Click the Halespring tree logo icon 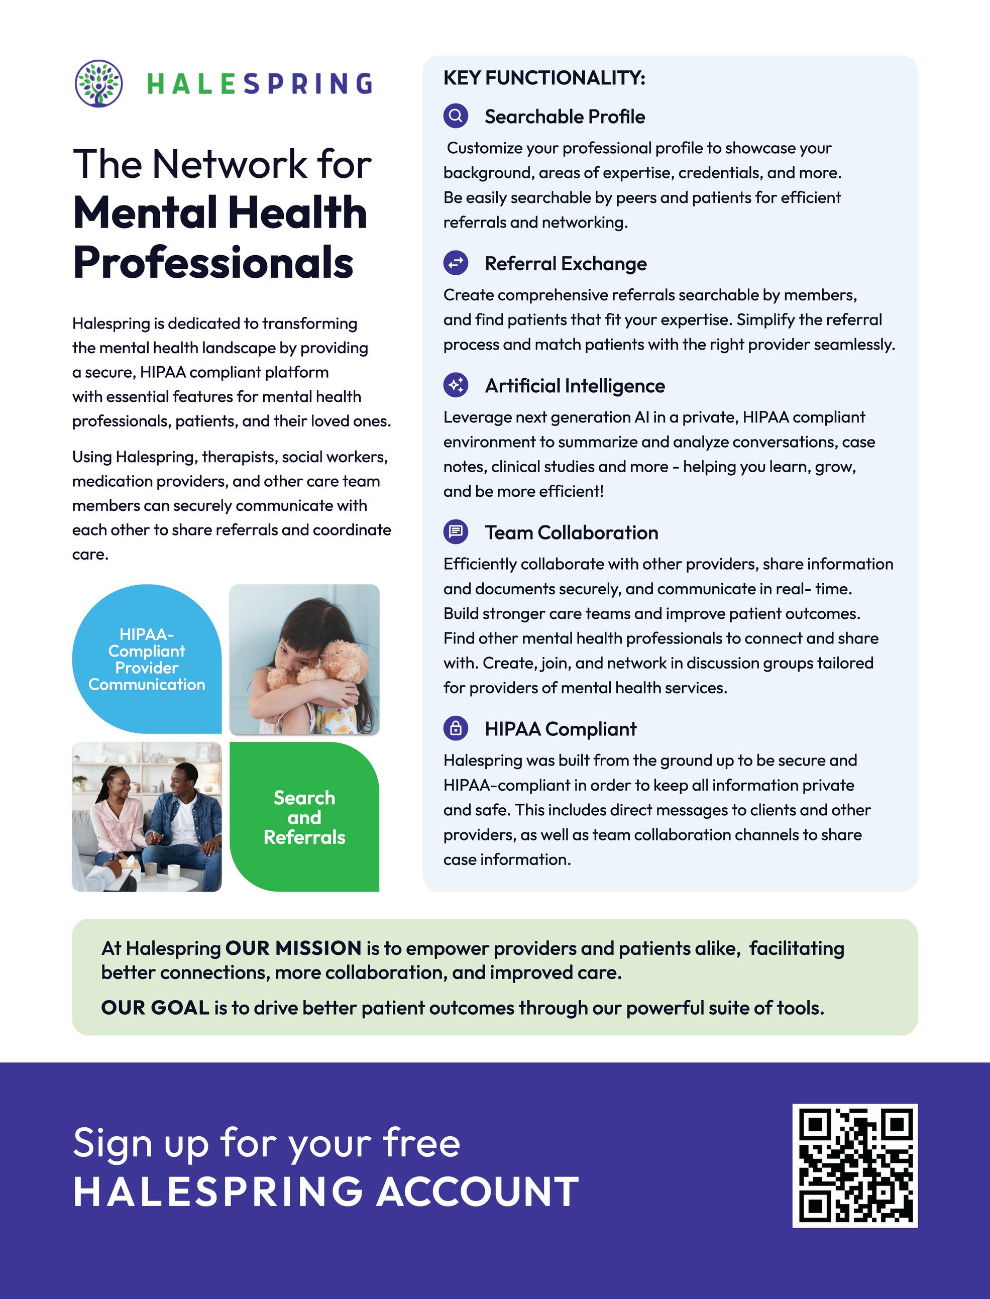click(99, 83)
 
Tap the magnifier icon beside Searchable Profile click(456, 116)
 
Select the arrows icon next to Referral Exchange click(456, 263)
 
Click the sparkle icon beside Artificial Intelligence click(456, 385)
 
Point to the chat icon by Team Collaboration click(456, 531)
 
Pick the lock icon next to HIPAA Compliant click(456, 728)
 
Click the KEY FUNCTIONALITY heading click(544, 78)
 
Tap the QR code click(854, 1166)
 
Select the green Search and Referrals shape click(304, 817)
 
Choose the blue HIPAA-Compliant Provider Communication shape click(146, 659)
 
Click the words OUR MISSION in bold click(293, 948)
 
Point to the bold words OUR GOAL click(155, 1008)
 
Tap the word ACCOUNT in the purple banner click(477, 1192)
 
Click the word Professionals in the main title click(213, 262)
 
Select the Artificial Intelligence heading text click(575, 385)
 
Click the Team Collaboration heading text click(571, 532)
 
